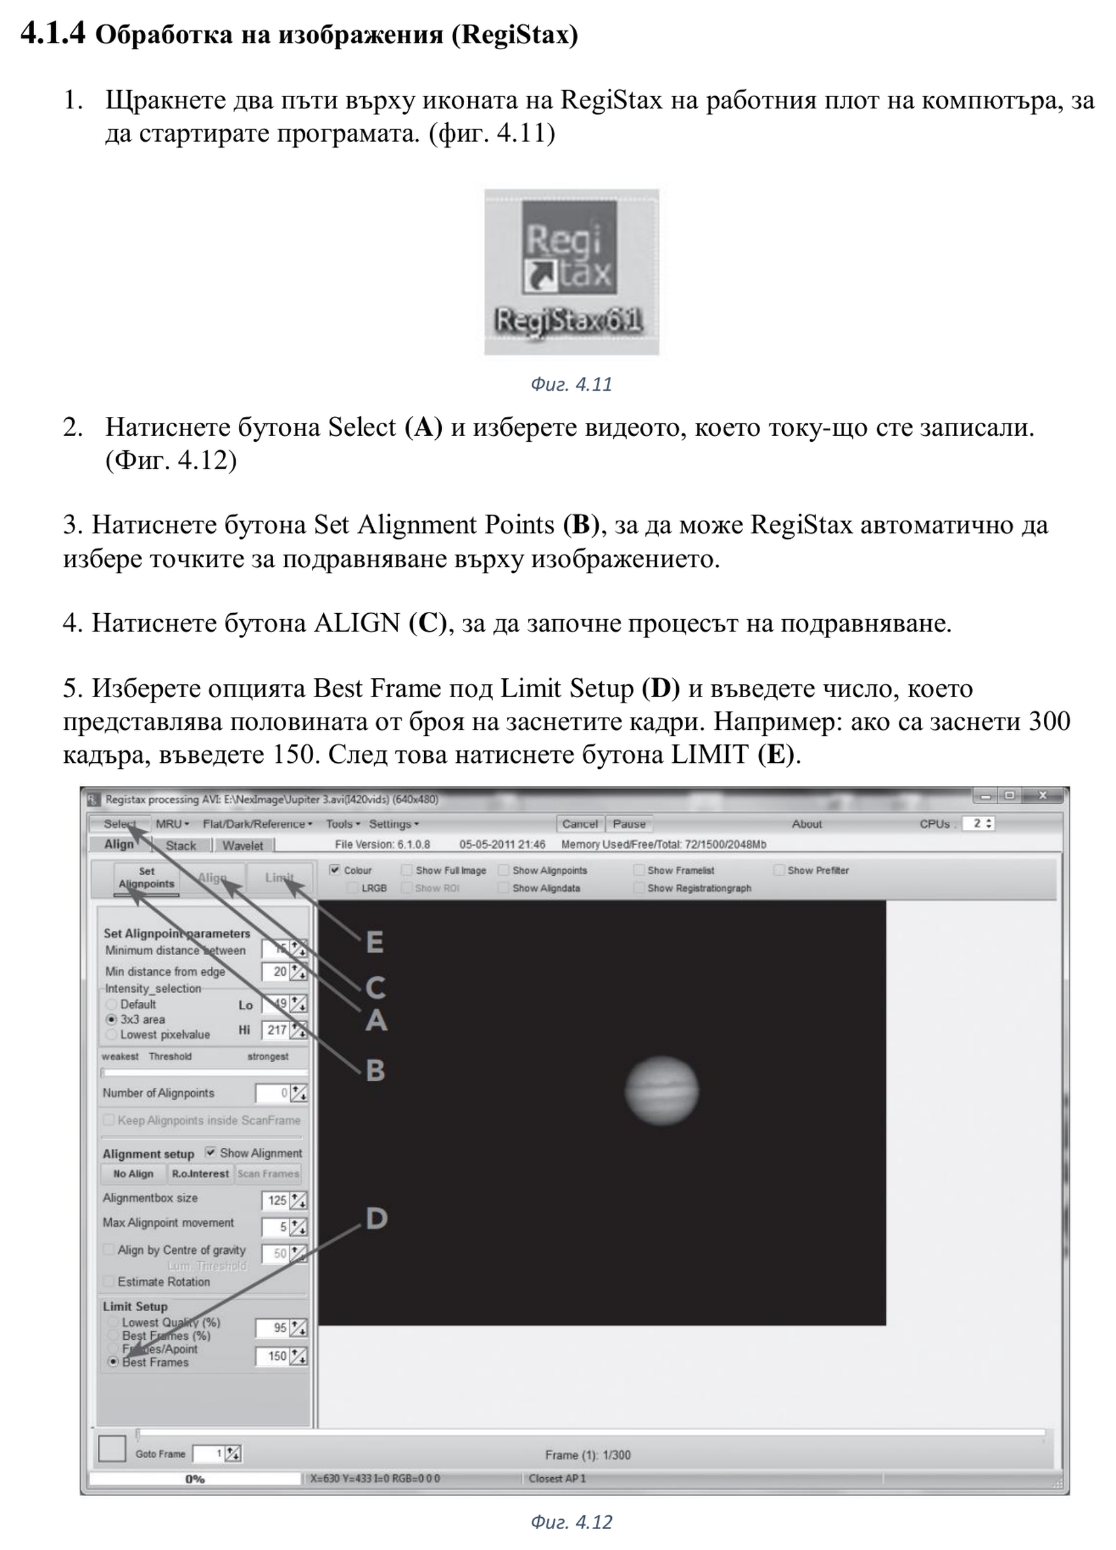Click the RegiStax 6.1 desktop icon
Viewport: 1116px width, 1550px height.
pyautogui.click(x=570, y=271)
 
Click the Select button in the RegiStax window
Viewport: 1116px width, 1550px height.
pyautogui.click(x=119, y=823)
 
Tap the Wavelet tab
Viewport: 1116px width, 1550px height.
pyautogui.click(x=243, y=846)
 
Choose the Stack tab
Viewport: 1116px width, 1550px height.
pyautogui.click(x=181, y=846)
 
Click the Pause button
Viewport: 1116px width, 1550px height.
pyautogui.click(x=629, y=824)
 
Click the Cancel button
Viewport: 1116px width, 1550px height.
pyautogui.click(x=580, y=824)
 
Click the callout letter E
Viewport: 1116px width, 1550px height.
pyautogui.click(x=374, y=943)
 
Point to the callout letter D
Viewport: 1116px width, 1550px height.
pyautogui.click(x=377, y=1218)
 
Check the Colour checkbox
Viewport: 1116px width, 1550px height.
pyautogui.click(x=335, y=870)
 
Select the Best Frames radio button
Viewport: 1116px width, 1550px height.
pyautogui.click(x=114, y=1362)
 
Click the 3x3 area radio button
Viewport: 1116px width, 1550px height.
pyautogui.click(x=111, y=1019)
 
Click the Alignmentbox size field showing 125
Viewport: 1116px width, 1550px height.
pyautogui.click(x=276, y=1200)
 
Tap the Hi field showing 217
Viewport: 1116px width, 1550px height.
pyautogui.click(x=276, y=1030)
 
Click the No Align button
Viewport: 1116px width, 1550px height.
pyautogui.click(x=133, y=1173)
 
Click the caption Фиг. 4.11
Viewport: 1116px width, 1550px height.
pyautogui.click(x=570, y=384)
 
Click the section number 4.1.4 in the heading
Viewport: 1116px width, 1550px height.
pyautogui.click(x=53, y=33)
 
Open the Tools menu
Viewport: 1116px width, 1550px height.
pyautogui.click(x=343, y=824)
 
